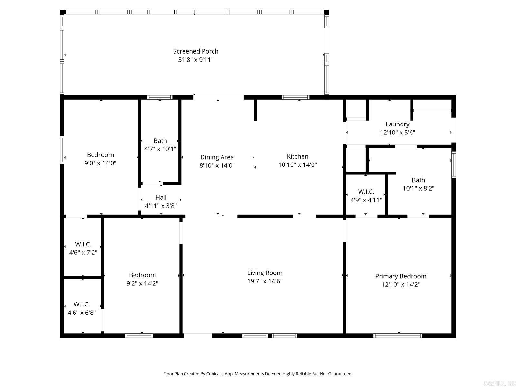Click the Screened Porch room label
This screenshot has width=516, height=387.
(195, 51)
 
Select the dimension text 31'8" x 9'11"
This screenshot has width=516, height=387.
(195, 60)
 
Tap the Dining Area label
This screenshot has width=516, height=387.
(217, 157)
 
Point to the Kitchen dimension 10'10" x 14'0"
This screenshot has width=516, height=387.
(297, 165)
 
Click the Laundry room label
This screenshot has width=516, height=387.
(397, 124)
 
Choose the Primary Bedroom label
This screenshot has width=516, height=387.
(401, 276)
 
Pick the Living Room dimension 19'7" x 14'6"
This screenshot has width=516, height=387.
(264, 281)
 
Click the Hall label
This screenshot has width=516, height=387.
(161, 197)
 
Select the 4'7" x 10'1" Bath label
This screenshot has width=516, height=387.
(160, 141)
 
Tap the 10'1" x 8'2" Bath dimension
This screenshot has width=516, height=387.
(418, 189)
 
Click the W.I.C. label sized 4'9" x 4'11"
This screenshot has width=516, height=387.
(366, 192)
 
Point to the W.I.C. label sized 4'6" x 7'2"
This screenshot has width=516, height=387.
(83, 244)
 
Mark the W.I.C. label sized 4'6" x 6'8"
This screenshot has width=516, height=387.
(82, 304)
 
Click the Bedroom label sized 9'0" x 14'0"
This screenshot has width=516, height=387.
(100, 155)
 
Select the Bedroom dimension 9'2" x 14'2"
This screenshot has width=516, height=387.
(142, 283)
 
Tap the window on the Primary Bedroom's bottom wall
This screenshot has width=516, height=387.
(398, 336)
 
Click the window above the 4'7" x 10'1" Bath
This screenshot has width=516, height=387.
(160, 97)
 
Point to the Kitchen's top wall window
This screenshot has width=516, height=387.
(295, 97)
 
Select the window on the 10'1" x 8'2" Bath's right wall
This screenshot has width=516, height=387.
(453, 165)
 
